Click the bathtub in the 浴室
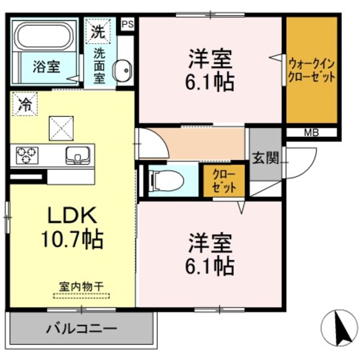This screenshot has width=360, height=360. click(x=46, y=37)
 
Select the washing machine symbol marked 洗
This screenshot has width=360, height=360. click(x=97, y=32)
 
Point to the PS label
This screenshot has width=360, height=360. click(x=127, y=24)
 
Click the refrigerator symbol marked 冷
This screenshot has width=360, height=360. click(x=25, y=103)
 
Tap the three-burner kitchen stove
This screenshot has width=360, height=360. click(x=26, y=155)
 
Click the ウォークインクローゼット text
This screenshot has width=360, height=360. click(x=311, y=71)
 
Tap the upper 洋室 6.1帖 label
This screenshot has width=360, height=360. click(x=211, y=70)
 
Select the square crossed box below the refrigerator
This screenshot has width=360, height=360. click(x=60, y=127)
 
